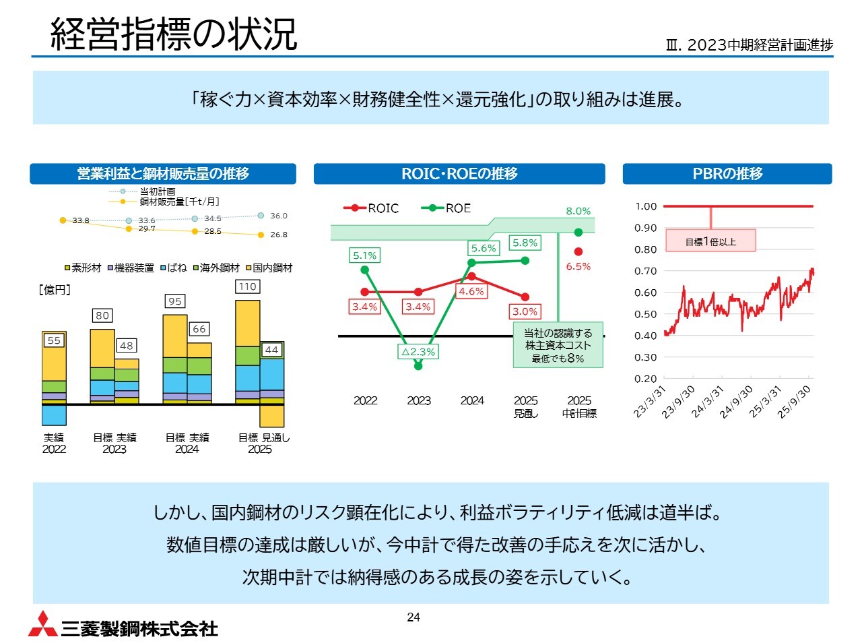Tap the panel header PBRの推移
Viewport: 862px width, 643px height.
[727, 174]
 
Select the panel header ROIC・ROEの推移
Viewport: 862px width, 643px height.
[459, 174]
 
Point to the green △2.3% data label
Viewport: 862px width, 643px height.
[418, 352]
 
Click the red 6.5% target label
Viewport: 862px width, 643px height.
[578, 266]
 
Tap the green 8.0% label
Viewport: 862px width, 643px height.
[578, 211]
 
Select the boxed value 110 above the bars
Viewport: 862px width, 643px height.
[247, 286]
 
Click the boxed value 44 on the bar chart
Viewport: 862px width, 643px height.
[271, 350]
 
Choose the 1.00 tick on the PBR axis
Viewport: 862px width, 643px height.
[646, 206]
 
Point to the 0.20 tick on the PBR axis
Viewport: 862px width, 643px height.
[646, 379]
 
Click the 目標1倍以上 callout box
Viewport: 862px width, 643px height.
[710, 241]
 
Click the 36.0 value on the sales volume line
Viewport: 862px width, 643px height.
[278, 216]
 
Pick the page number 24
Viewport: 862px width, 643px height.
[413, 617]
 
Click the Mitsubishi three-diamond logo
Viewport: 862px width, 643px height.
[42, 624]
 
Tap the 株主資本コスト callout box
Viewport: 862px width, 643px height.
[558, 345]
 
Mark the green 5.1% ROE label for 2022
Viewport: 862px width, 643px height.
[364, 255]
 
